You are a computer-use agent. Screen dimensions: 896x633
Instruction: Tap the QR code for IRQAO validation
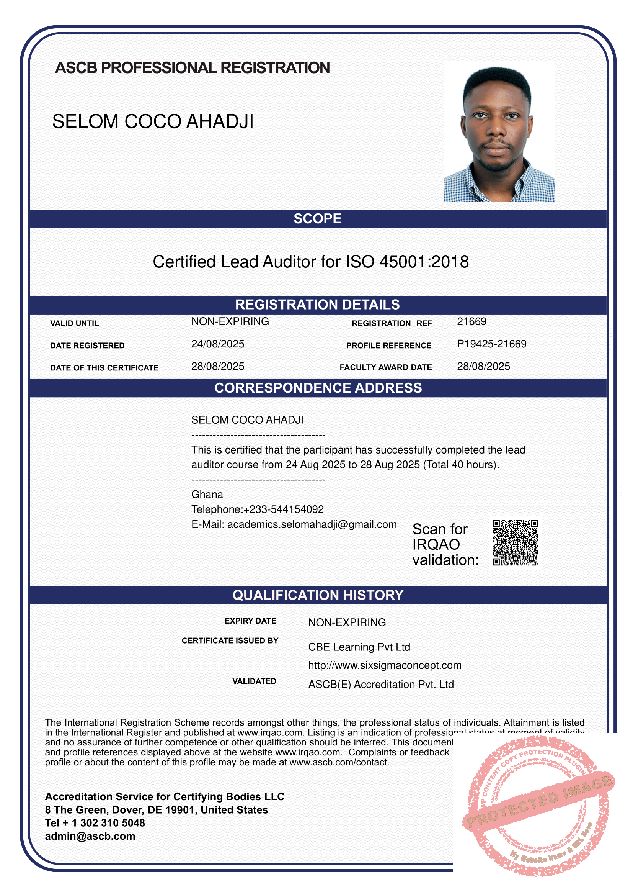515,542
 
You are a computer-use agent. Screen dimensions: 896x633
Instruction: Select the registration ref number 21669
471,321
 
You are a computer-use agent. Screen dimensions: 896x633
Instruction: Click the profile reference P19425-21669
491,344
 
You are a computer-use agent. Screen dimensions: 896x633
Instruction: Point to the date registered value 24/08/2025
217,344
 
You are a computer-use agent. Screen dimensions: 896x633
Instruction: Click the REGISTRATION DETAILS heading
317,305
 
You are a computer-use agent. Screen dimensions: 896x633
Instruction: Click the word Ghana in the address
207,495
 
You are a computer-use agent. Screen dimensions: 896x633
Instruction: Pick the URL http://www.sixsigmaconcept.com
385,665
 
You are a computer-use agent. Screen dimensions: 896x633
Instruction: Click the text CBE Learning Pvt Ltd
359,647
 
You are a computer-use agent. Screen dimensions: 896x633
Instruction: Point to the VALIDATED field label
254,681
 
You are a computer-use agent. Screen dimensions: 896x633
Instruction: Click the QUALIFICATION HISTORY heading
318,595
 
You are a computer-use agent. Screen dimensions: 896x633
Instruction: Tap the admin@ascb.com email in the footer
90,836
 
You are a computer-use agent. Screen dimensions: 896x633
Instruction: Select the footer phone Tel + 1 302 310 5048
95,823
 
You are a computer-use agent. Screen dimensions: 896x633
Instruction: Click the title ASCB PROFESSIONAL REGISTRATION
193,68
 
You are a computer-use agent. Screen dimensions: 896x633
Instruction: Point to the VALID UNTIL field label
75,324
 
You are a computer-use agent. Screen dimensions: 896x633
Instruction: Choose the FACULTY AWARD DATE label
385,367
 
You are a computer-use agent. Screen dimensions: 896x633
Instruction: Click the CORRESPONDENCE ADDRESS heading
318,388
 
